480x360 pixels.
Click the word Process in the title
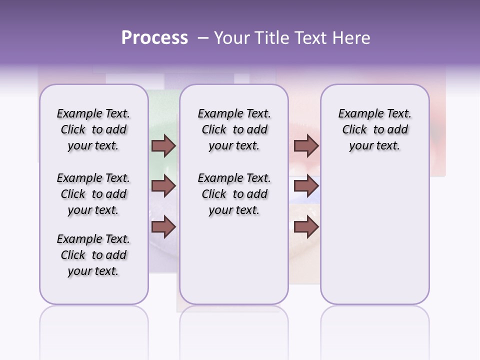(x=154, y=38)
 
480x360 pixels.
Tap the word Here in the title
(x=351, y=38)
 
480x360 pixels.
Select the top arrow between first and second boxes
(x=163, y=145)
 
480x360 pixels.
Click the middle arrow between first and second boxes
(x=163, y=186)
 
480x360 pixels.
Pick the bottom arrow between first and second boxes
(x=163, y=226)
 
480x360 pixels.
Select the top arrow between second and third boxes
(x=306, y=145)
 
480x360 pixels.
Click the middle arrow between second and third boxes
(x=306, y=186)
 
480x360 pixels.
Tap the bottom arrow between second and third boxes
(x=306, y=226)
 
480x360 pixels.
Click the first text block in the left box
(x=93, y=129)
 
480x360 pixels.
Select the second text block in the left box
(x=93, y=194)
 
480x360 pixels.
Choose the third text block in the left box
(x=93, y=255)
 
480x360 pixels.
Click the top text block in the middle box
(x=234, y=129)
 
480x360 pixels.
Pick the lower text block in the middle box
(x=234, y=194)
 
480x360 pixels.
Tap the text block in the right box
(x=374, y=129)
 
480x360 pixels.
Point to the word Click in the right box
(x=354, y=130)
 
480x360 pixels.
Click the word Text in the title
(x=310, y=38)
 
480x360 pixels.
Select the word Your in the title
(x=230, y=38)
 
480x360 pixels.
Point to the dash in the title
(x=203, y=38)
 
